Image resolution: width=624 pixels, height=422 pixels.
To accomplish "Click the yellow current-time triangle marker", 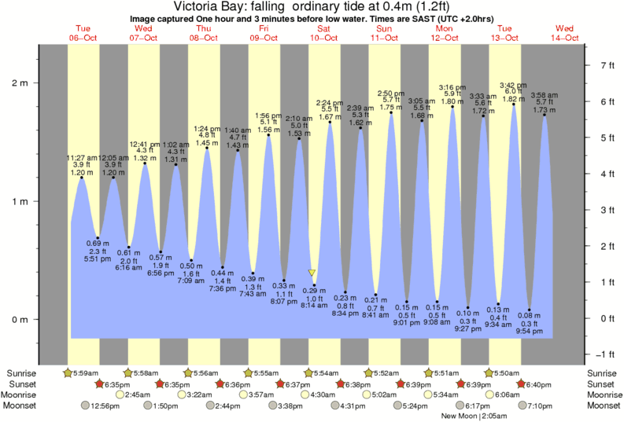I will pos(312,273).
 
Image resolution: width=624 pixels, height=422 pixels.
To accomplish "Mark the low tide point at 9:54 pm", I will pos(530,310).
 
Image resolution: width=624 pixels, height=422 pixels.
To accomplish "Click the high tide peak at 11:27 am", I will pos(82,178).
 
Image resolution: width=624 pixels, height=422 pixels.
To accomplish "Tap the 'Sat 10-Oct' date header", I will pos(325,33).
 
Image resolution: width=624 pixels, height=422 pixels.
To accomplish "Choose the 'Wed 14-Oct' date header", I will pos(565,33).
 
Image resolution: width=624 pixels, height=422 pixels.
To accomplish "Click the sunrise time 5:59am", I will pos(86,372).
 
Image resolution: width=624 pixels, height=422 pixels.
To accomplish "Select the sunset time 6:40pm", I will pos(537,383).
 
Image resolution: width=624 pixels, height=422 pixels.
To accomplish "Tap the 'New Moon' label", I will pos(460,416).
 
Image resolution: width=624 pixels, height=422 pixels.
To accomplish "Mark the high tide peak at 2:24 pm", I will pos(329,123).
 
